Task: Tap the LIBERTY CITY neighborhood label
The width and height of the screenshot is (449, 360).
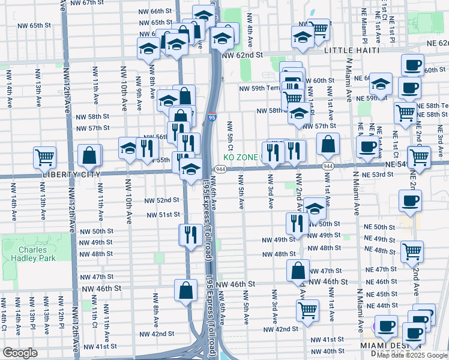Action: click(x=64, y=173)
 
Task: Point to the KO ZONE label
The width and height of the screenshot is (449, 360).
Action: click(x=241, y=157)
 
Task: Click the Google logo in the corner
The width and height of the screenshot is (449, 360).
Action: click(x=20, y=352)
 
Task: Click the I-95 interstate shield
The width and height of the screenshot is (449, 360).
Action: click(x=212, y=118)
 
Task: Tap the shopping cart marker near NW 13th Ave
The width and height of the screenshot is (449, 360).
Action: click(x=45, y=157)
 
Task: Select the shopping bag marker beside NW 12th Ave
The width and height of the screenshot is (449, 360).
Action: click(x=89, y=155)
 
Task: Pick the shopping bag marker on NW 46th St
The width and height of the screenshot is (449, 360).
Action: click(x=186, y=290)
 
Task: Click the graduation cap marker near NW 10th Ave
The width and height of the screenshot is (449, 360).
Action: click(x=128, y=149)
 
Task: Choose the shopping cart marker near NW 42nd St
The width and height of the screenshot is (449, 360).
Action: click(x=307, y=310)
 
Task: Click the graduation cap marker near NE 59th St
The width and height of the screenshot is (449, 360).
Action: click(x=381, y=83)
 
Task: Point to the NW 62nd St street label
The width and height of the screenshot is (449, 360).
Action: click(x=243, y=55)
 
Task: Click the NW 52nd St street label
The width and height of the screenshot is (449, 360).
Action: click(x=163, y=200)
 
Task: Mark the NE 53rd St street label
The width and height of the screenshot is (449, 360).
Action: click(x=378, y=174)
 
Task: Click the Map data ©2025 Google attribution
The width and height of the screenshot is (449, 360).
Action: click(x=412, y=355)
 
